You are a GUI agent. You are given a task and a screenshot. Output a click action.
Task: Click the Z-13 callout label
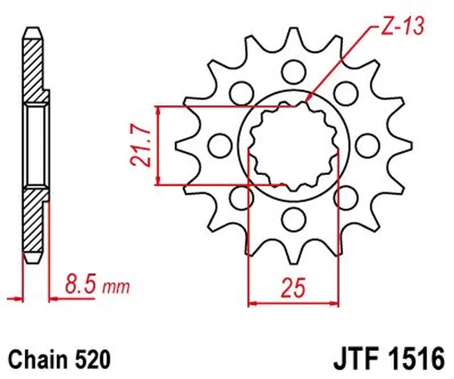(398, 30)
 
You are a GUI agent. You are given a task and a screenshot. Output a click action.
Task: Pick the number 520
(92, 356)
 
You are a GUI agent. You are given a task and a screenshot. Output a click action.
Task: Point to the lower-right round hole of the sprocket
(343, 197)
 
